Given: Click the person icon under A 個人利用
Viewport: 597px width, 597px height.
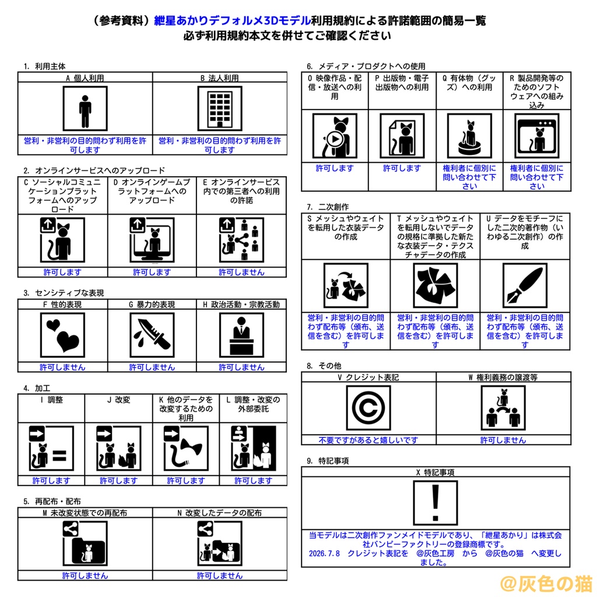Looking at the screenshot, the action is (x=85, y=108).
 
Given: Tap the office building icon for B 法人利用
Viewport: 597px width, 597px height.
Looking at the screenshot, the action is (x=220, y=108).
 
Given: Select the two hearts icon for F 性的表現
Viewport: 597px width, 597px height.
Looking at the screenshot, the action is (x=62, y=335).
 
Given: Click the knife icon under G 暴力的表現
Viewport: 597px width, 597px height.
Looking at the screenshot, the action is (x=152, y=335).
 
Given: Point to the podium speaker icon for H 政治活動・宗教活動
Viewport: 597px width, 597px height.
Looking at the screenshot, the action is (x=241, y=335).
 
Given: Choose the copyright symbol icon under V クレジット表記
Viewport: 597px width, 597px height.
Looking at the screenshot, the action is (x=368, y=408).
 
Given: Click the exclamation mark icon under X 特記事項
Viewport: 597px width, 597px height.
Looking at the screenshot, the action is (x=435, y=503).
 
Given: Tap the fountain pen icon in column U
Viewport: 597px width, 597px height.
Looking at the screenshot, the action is (x=525, y=285).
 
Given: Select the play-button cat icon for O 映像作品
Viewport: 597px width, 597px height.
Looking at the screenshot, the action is (x=335, y=135).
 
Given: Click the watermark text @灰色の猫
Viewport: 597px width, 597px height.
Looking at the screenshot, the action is (x=546, y=583).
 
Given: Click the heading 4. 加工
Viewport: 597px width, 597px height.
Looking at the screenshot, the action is (x=37, y=388).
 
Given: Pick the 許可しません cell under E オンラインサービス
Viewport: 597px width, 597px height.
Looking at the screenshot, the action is (x=241, y=272).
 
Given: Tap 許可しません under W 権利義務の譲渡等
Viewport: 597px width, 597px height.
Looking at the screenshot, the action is (x=503, y=440).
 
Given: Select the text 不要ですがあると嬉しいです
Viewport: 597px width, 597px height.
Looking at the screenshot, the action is (x=368, y=440).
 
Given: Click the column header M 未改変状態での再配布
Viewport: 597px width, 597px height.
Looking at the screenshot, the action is (x=85, y=513).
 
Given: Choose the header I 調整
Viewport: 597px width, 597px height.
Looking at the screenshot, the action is (x=51, y=400).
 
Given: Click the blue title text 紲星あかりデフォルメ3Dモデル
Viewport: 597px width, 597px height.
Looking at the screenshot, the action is (x=232, y=20).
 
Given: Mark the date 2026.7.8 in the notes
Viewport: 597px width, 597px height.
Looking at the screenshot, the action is (x=324, y=553).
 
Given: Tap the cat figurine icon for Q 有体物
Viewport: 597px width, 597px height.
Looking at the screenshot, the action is (x=469, y=135).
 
